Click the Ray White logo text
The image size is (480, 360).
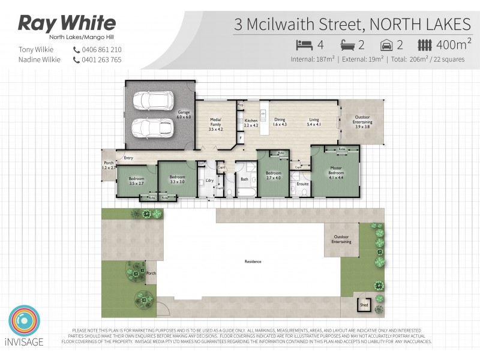pyautogui.click(x=67, y=23)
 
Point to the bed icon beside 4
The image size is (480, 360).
pyautogui.click(x=303, y=44)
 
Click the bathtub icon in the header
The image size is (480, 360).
pyautogui.click(x=348, y=44)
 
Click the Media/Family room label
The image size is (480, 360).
pyautogui.click(x=216, y=124)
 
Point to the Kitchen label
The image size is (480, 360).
pyautogui.click(x=251, y=123)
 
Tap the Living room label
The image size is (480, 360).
pyautogui.click(x=314, y=122)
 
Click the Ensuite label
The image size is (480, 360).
pyautogui.click(x=302, y=184)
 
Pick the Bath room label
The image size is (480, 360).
pyautogui.click(x=244, y=179)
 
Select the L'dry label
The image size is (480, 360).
pyautogui.click(x=209, y=181)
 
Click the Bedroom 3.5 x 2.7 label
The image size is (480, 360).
pyautogui.click(x=136, y=181)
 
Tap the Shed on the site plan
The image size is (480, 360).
pyautogui.click(x=364, y=304)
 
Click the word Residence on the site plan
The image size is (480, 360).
pyautogui.click(x=253, y=262)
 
